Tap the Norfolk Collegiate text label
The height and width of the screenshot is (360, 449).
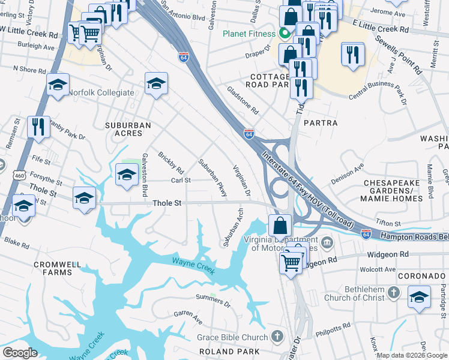(101, 92)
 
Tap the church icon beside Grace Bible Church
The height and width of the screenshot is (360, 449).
(277, 336)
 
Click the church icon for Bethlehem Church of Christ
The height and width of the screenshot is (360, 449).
(393, 292)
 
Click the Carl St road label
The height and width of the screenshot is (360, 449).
(181, 180)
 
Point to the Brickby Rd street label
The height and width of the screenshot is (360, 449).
(170, 163)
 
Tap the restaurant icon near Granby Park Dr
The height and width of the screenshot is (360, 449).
(38, 127)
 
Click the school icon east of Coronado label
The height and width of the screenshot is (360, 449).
(419, 296)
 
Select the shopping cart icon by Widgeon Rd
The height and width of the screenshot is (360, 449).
(291, 261)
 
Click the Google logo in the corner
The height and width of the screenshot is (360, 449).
(20, 353)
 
